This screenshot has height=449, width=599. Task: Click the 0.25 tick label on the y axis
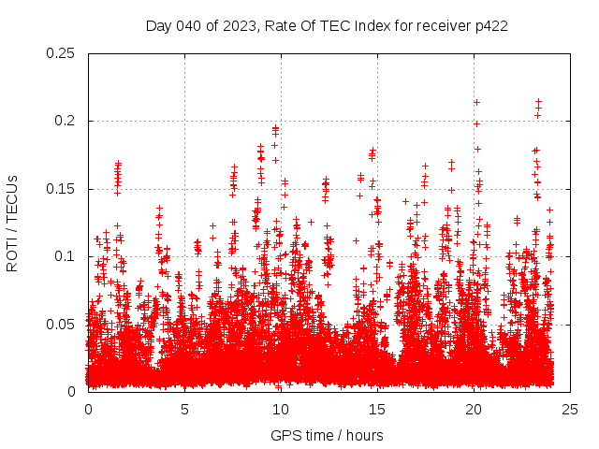coord(62,53)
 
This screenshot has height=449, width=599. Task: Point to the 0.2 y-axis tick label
coord(66,121)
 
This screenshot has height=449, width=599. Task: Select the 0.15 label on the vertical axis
coord(62,189)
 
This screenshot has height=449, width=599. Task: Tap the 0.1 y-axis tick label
coord(66,256)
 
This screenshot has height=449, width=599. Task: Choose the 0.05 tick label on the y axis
coord(62,324)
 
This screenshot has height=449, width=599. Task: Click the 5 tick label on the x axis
coord(184,409)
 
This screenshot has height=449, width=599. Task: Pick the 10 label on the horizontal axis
coord(281,409)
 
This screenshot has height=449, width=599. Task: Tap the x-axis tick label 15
coord(377,409)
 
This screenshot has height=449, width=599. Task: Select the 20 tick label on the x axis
coord(474,409)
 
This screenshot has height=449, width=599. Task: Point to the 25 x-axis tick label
coord(570,409)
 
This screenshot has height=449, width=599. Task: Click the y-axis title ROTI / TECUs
coord(13,223)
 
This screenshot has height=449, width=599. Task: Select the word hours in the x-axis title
coord(364,435)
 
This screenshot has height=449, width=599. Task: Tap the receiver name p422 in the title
coord(490,26)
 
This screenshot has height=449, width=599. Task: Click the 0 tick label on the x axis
coord(88,409)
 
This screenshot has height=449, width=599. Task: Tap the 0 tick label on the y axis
coord(73,391)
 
